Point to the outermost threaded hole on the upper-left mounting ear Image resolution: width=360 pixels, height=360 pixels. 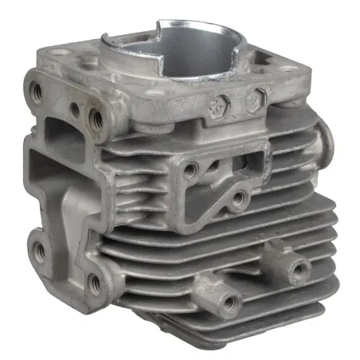36,89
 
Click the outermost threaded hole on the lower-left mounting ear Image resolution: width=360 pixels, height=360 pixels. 38,251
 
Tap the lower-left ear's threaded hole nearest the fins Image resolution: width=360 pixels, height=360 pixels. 95,281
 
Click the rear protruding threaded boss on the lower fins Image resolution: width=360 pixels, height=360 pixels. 297,268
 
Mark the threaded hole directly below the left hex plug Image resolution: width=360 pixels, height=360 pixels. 190,169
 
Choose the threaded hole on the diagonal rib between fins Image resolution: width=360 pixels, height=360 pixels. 237,198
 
